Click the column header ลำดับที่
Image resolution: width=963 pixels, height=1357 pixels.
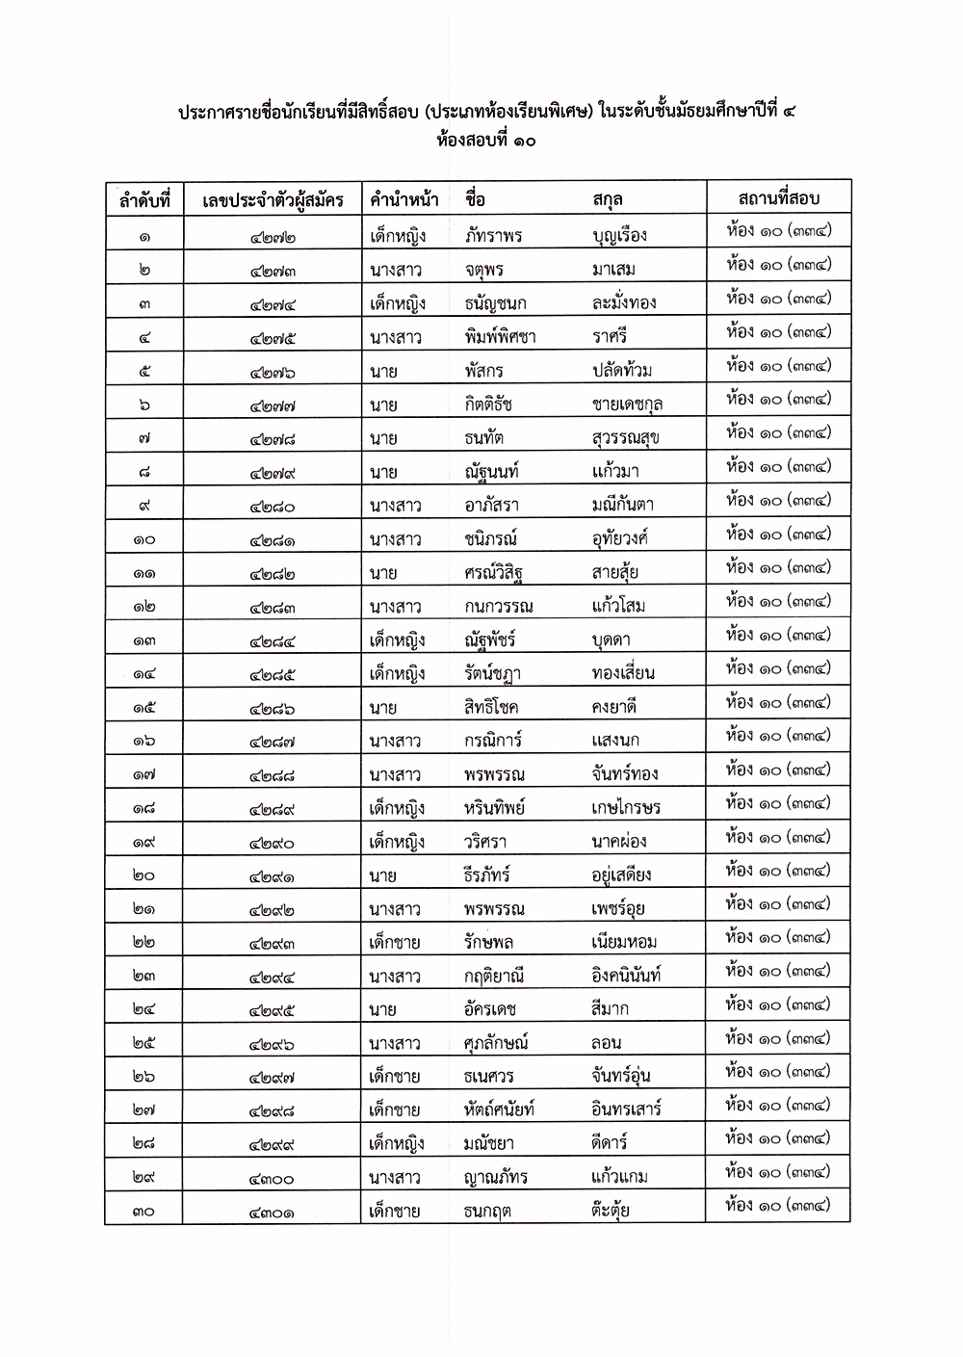pyautogui.click(x=143, y=200)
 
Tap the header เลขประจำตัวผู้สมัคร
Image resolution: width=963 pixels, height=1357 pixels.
pyautogui.click(x=273, y=200)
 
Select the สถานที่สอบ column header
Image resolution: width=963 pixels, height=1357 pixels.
pyautogui.click(x=778, y=198)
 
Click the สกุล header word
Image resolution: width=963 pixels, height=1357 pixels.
pyautogui.click(x=608, y=199)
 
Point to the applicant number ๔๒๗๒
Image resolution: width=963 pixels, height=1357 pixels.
pyautogui.click(x=273, y=237)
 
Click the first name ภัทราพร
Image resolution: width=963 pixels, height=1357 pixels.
pyautogui.click(x=493, y=235)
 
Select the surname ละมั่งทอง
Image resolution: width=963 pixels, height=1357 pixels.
pyautogui.click(x=624, y=302)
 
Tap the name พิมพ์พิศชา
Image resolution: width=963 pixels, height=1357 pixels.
pyautogui.click(x=500, y=337)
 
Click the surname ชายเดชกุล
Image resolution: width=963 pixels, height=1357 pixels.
pyautogui.click(x=627, y=404)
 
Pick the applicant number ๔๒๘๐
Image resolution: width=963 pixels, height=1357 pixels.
pyautogui.click(x=273, y=507)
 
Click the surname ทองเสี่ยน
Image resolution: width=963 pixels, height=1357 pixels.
pyautogui.click(x=623, y=673)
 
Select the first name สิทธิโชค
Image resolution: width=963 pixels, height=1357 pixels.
pyautogui.click(x=491, y=707)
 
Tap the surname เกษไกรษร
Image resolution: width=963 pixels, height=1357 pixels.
pyautogui.click(x=626, y=808)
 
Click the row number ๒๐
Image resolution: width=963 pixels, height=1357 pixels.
pyautogui.click(x=143, y=875)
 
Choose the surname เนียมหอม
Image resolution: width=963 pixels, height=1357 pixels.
pyautogui.click(x=624, y=942)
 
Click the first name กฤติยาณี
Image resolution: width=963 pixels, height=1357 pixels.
pyautogui.click(x=494, y=977)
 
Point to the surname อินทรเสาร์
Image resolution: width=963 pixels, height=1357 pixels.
pyautogui.click(x=626, y=1109)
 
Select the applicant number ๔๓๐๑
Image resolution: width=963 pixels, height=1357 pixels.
pyautogui.click(x=273, y=1212)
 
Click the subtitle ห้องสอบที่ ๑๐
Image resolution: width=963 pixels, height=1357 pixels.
pyautogui.click(x=485, y=141)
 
